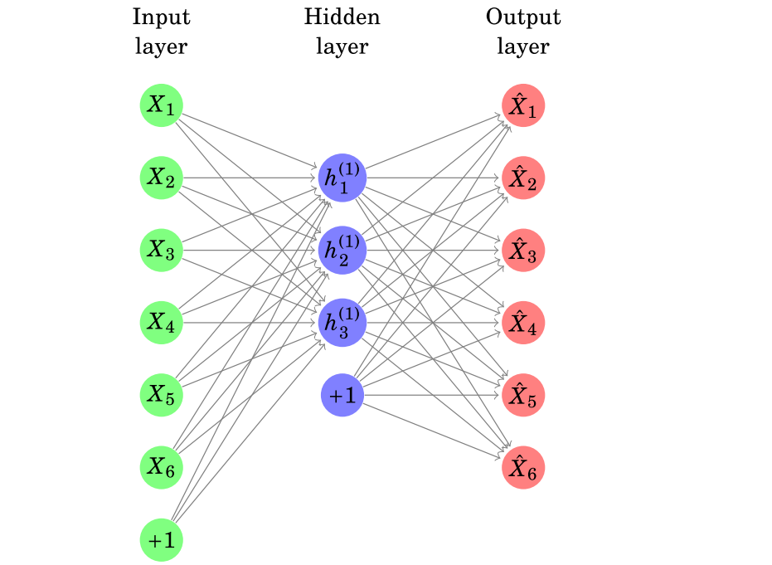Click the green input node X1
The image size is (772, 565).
coord(161,105)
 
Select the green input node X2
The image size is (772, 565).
coord(161,178)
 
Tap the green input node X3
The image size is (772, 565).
coord(161,251)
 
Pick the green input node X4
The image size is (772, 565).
coord(161,323)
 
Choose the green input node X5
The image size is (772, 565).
coord(161,395)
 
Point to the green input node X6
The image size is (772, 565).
coord(161,467)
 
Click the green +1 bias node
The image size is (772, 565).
coord(161,539)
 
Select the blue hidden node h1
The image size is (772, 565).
coord(342,178)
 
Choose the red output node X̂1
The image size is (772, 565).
coord(522,105)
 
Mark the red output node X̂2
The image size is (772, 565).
coord(522,178)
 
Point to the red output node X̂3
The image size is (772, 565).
coord(522,251)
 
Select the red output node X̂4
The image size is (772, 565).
coord(522,323)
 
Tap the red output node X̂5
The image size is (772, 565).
coord(522,395)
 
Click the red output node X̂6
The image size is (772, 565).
coord(522,467)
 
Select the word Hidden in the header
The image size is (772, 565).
coord(342,17)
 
